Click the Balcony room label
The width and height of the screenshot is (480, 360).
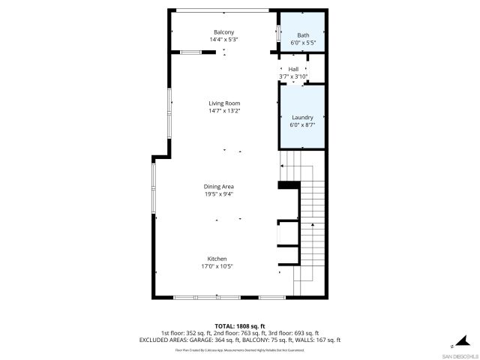point(223,32)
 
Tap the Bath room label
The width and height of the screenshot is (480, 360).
point(303,35)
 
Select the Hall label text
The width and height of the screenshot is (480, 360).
point(293,69)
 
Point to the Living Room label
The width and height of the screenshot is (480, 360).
point(224,103)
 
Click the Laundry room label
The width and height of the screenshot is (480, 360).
point(302,118)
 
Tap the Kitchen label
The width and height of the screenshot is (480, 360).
point(217,259)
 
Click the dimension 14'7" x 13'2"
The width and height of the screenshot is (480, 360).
point(224,111)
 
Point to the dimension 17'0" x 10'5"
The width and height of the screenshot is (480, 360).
point(217,266)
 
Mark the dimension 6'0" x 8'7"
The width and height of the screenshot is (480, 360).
point(302,124)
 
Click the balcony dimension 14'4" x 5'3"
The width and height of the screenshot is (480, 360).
point(223,40)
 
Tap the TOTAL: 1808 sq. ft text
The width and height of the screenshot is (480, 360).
point(240,326)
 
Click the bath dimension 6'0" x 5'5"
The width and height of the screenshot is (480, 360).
point(303,43)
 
